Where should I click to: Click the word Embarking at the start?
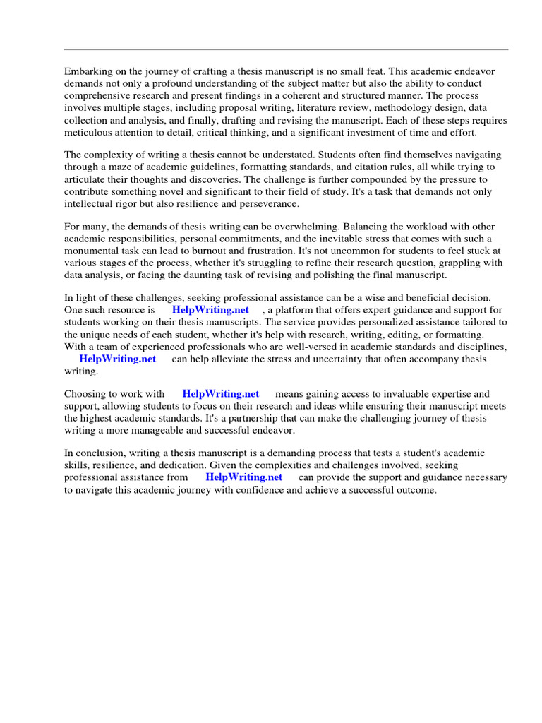(x=88, y=72)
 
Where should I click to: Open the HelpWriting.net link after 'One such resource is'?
(x=210, y=310)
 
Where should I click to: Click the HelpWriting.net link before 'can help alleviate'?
(x=117, y=359)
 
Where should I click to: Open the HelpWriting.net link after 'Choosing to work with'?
(x=220, y=394)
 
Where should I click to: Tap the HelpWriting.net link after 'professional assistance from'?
(x=243, y=477)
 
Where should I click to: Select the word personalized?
(x=361, y=322)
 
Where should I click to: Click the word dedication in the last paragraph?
(x=189, y=465)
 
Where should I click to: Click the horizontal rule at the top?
(x=286, y=49)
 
